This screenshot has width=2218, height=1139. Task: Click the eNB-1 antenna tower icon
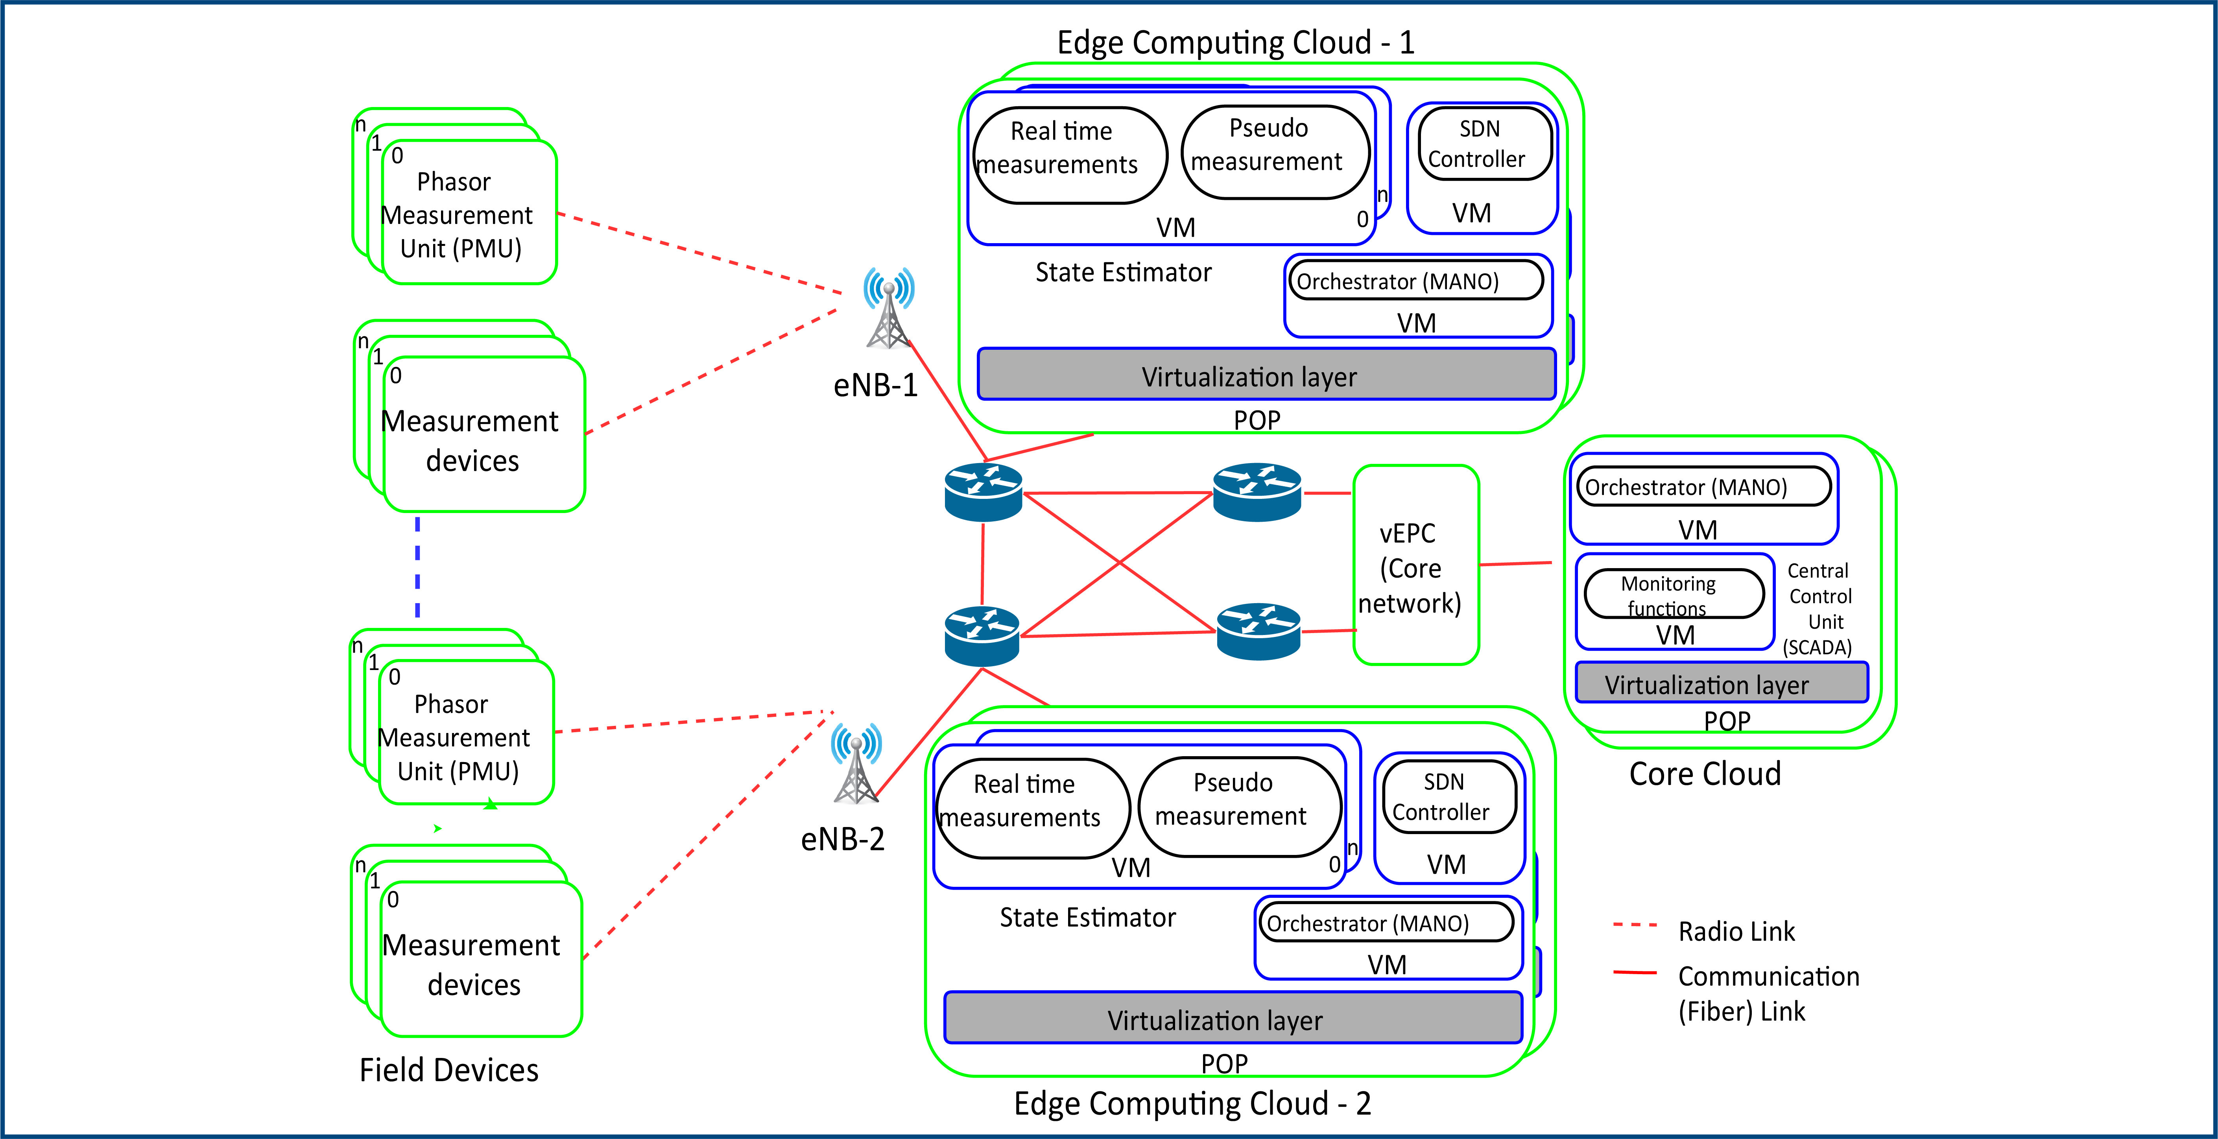pos(889,310)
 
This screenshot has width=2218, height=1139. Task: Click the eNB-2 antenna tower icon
pos(856,764)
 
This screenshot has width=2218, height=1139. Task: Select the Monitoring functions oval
pos(1673,594)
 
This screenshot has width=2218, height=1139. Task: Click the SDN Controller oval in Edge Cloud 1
pos(1484,144)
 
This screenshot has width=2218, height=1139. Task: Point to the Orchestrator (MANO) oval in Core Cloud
pos(1702,487)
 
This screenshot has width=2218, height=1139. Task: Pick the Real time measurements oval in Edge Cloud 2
pos(1031,808)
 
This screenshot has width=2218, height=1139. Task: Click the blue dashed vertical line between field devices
pos(418,567)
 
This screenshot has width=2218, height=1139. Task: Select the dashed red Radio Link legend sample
pos(1634,925)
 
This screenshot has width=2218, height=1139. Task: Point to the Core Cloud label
pos(1704,774)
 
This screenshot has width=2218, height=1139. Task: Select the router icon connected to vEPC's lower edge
pos(1258,631)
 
